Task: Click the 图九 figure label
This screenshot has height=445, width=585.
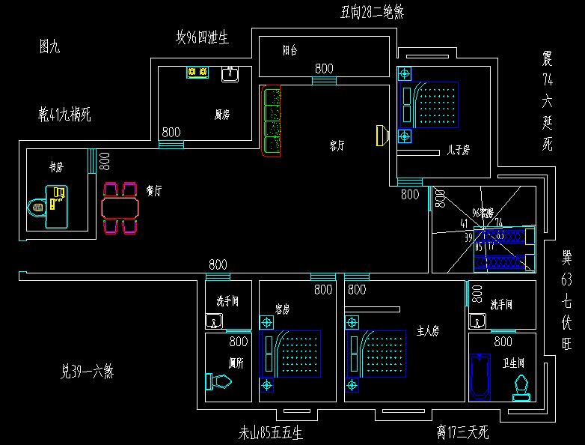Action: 49,46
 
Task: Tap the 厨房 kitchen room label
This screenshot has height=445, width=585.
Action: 221,115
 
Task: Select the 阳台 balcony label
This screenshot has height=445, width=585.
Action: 290,51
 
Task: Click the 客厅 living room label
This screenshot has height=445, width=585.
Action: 337,145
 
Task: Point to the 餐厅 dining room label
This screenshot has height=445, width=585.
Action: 155,190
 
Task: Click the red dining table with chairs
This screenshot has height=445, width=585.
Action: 120,207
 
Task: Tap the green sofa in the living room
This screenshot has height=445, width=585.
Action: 270,121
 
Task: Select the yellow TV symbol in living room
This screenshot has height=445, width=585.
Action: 382,135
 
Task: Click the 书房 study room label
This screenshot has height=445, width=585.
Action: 55,166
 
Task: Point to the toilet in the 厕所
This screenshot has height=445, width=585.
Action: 218,382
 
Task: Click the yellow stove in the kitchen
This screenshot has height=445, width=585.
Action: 197,72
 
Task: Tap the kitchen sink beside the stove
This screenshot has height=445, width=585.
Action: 230,73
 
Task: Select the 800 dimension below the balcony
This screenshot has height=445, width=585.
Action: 324,68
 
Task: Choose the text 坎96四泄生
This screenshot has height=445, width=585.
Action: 202,37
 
